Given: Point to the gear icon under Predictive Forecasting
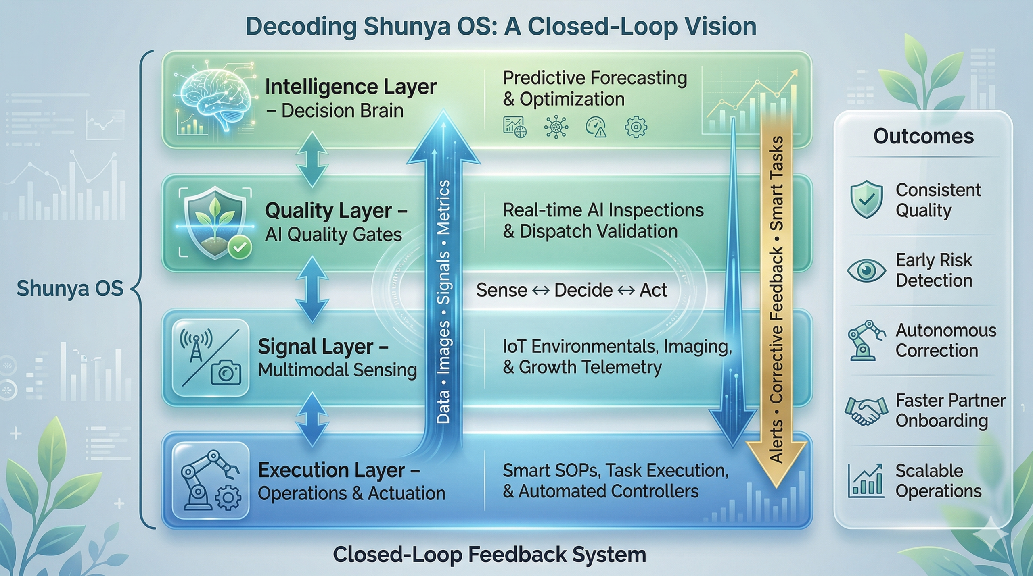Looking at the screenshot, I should (x=636, y=127).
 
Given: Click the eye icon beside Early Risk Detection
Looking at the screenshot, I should (x=866, y=270).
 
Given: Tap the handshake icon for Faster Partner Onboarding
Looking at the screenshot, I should (x=866, y=411).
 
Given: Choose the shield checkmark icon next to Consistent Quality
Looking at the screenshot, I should (x=866, y=199).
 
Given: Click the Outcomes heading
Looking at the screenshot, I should (x=923, y=136).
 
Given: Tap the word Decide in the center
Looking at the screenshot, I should (x=583, y=290).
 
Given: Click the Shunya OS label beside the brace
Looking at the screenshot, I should (x=70, y=289).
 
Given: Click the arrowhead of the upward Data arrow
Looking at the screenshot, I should (x=443, y=137).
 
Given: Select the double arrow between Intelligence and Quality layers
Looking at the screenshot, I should (x=312, y=159).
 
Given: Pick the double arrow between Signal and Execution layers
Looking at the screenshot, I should (x=312, y=419).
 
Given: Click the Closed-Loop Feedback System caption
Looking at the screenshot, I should (x=489, y=555).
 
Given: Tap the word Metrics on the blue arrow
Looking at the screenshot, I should (x=443, y=208).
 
